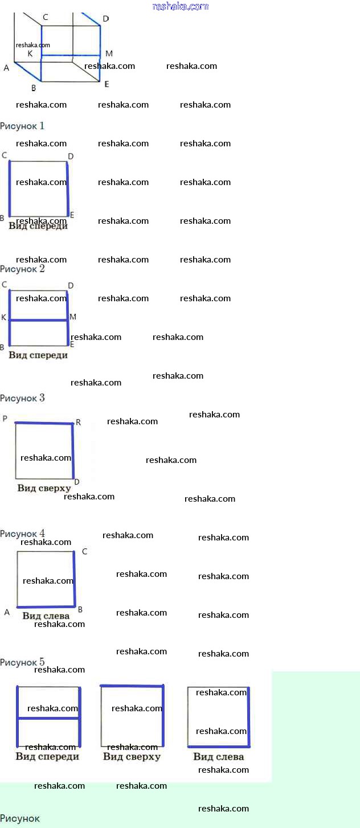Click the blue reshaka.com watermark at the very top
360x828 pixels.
pyautogui.click(x=181, y=7)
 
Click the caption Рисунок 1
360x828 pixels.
pyautogui.click(x=22, y=125)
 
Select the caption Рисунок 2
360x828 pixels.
pyautogui.click(x=22, y=269)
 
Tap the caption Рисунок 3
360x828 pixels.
pyautogui.click(x=22, y=398)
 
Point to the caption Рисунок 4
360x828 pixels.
pyautogui.click(x=22, y=534)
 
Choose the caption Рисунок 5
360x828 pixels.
pyautogui.click(x=22, y=662)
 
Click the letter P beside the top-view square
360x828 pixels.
pyautogui.click(x=5, y=419)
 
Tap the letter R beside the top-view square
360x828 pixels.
pyautogui.click(x=78, y=422)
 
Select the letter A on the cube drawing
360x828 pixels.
pyautogui.click(x=6, y=68)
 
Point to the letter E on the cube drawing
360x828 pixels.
pyautogui.click(x=107, y=84)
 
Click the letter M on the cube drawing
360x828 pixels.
pyautogui.click(x=109, y=54)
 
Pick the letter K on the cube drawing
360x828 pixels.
pyautogui.click(x=30, y=54)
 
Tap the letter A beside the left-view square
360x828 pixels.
pyautogui.click(x=7, y=612)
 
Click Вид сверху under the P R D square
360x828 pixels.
pyautogui.click(x=44, y=488)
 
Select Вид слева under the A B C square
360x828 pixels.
pyautogui.click(x=46, y=616)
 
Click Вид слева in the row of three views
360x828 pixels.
pyautogui.click(x=218, y=757)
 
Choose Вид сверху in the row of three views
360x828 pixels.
pyautogui.click(x=132, y=757)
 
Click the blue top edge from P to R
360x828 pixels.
pyautogui.click(x=44, y=423)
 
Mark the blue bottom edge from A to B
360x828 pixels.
pyautogui.click(x=46, y=606)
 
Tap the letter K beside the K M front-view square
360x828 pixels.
pyautogui.click(x=4, y=317)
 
